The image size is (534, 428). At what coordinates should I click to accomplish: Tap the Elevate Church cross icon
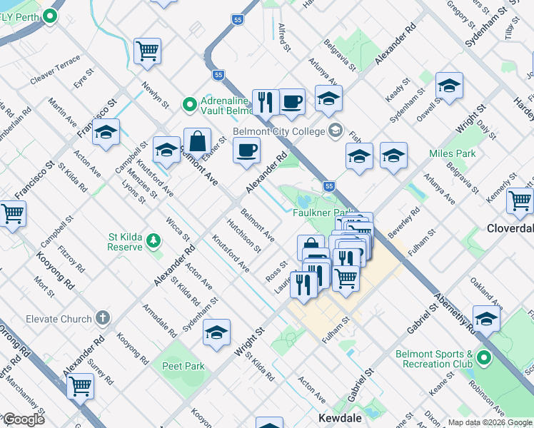[104, 318]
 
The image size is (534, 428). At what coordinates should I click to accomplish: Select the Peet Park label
[183, 366]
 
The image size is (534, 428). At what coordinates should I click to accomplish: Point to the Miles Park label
[453, 153]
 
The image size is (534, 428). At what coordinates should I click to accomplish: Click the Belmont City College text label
[279, 131]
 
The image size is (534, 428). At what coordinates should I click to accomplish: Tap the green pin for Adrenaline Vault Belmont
[189, 104]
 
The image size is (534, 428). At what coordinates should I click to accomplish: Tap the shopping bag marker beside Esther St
[197, 141]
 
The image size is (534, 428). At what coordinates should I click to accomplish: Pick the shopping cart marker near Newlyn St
[147, 51]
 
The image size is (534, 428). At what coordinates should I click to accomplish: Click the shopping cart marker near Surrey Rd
[80, 386]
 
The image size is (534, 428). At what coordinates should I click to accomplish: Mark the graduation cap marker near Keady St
[448, 86]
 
